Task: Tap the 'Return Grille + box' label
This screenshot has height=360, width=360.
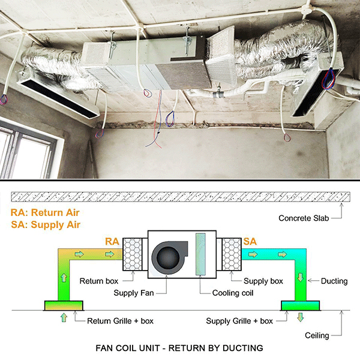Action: (x=120, y=321)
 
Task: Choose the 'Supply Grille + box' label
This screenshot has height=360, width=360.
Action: (x=239, y=321)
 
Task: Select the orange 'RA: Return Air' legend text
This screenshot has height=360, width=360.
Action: (x=45, y=212)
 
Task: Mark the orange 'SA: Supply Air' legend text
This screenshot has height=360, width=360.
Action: (x=45, y=224)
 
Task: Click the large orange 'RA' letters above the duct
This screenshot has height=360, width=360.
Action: (x=112, y=241)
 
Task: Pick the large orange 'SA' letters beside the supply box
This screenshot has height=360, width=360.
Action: (x=250, y=242)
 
